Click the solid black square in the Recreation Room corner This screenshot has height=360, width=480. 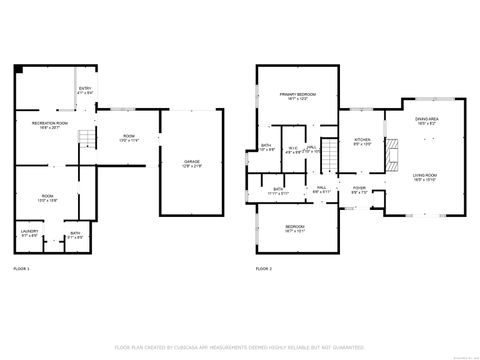pyautogui.click(x=19, y=70)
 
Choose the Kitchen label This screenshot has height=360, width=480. pyautogui.click(x=362, y=141)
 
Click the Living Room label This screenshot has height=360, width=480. pyautogui.click(x=426, y=178)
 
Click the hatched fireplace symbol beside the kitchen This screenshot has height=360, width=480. pyautogui.click(x=393, y=153)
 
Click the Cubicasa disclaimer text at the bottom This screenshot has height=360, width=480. pyautogui.click(x=240, y=346)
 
